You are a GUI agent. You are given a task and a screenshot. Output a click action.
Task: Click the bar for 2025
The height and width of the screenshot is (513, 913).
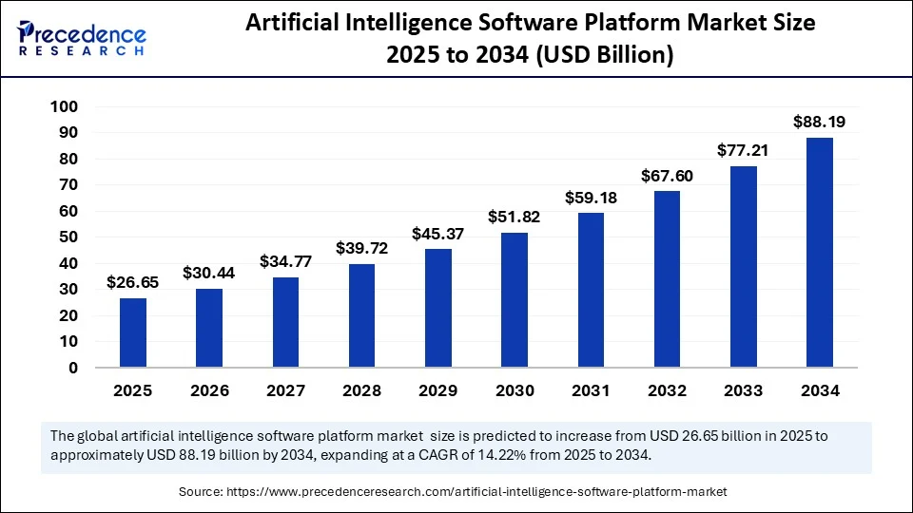(132, 332)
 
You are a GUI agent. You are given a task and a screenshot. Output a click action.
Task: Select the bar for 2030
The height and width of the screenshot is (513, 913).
(515, 300)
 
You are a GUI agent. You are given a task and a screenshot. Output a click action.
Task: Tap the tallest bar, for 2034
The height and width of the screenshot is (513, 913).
(819, 253)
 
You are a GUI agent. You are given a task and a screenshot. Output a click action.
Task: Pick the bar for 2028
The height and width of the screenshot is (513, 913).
(361, 315)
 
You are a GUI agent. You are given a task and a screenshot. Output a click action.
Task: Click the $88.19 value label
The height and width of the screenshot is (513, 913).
(819, 122)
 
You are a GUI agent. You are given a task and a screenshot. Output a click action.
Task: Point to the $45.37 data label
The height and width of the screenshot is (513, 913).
(437, 233)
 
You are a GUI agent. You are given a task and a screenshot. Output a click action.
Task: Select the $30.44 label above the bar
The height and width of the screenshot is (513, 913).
(208, 272)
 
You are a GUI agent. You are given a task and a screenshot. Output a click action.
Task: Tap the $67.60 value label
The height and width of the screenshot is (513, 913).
(667, 175)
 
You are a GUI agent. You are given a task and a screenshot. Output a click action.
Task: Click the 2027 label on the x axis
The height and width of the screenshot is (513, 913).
(285, 390)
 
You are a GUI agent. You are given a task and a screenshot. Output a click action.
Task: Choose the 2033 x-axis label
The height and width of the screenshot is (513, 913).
(743, 390)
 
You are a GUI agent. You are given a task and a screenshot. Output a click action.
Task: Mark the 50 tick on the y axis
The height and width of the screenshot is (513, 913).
(68, 237)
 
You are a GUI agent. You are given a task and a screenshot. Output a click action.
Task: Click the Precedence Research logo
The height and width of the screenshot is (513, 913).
(82, 38)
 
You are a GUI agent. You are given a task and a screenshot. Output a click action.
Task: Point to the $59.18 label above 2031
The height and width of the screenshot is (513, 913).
(591, 198)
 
